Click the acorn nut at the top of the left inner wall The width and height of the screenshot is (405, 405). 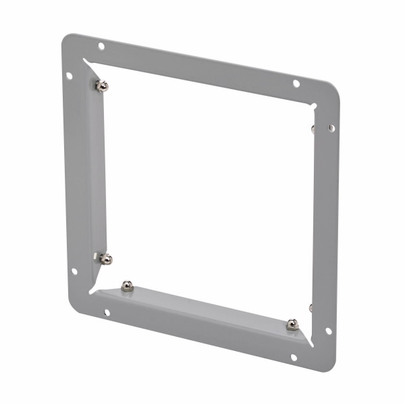click(101, 86)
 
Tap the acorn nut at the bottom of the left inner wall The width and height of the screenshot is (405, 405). click(105, 259)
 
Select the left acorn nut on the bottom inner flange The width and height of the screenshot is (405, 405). click(127, 286)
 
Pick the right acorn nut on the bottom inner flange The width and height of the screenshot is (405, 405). click(292, 325)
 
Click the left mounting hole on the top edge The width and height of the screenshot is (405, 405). click(101, 46)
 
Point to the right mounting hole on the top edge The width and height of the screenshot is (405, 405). click(296, 83)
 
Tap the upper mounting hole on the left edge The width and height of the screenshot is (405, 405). click(70, 76)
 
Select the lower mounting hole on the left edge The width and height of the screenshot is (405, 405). click(74, 271)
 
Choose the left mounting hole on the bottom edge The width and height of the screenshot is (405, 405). click(107, 313)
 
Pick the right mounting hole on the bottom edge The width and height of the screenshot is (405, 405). click(294, 356)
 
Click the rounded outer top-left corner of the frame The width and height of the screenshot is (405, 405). click(65, 39)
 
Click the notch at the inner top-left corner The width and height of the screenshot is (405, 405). click(88, 63)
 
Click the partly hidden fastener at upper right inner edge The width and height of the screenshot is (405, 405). click(313, 128)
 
